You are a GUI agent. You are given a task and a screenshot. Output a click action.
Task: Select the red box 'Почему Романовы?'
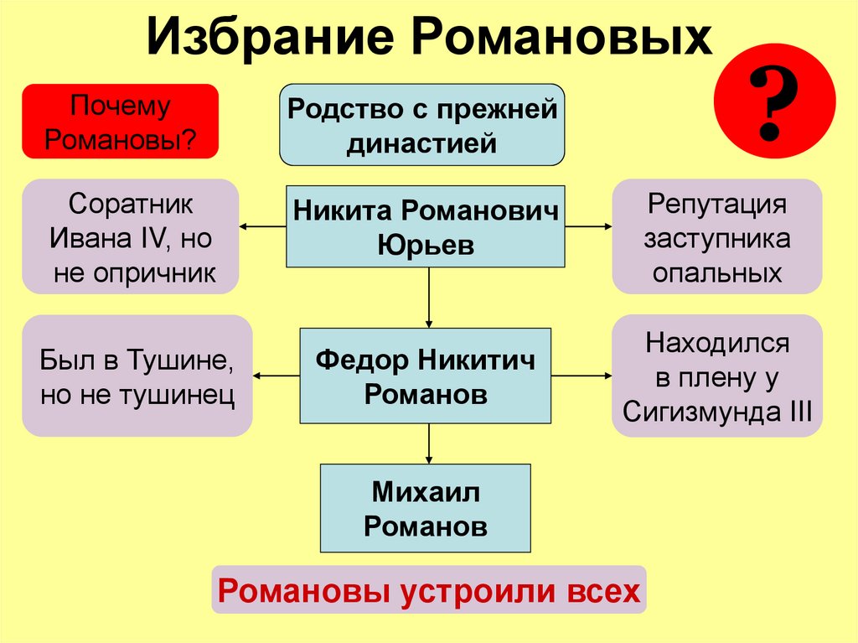click(120, 122)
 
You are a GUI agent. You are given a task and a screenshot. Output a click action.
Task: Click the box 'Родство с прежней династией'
click(421, 124)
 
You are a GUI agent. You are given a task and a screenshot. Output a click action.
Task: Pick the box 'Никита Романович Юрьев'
click(426, 226)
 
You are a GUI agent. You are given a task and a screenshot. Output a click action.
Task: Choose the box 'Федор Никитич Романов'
click(426, 376)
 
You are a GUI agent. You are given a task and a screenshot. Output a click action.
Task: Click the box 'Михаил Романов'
click(426, 508)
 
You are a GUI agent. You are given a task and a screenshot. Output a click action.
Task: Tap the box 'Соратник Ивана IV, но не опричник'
click(131, 236)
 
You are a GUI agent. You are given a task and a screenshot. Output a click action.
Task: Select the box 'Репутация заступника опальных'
click(716, 236)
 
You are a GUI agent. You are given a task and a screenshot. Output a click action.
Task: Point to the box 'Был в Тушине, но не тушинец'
click(137, 376)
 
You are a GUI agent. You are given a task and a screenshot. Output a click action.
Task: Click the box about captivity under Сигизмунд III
click(716, 376)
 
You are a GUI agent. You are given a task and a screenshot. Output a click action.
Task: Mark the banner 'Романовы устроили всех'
click(428, 591)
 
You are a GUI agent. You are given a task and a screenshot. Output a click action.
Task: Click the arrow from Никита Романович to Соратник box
click(263, 226)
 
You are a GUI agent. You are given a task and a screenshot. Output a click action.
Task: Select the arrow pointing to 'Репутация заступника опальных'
click(587, 226)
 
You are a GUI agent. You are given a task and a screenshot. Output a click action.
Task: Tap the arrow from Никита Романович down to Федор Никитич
click(429, 298)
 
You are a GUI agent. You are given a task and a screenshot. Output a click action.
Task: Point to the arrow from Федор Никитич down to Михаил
click(429, 443)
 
